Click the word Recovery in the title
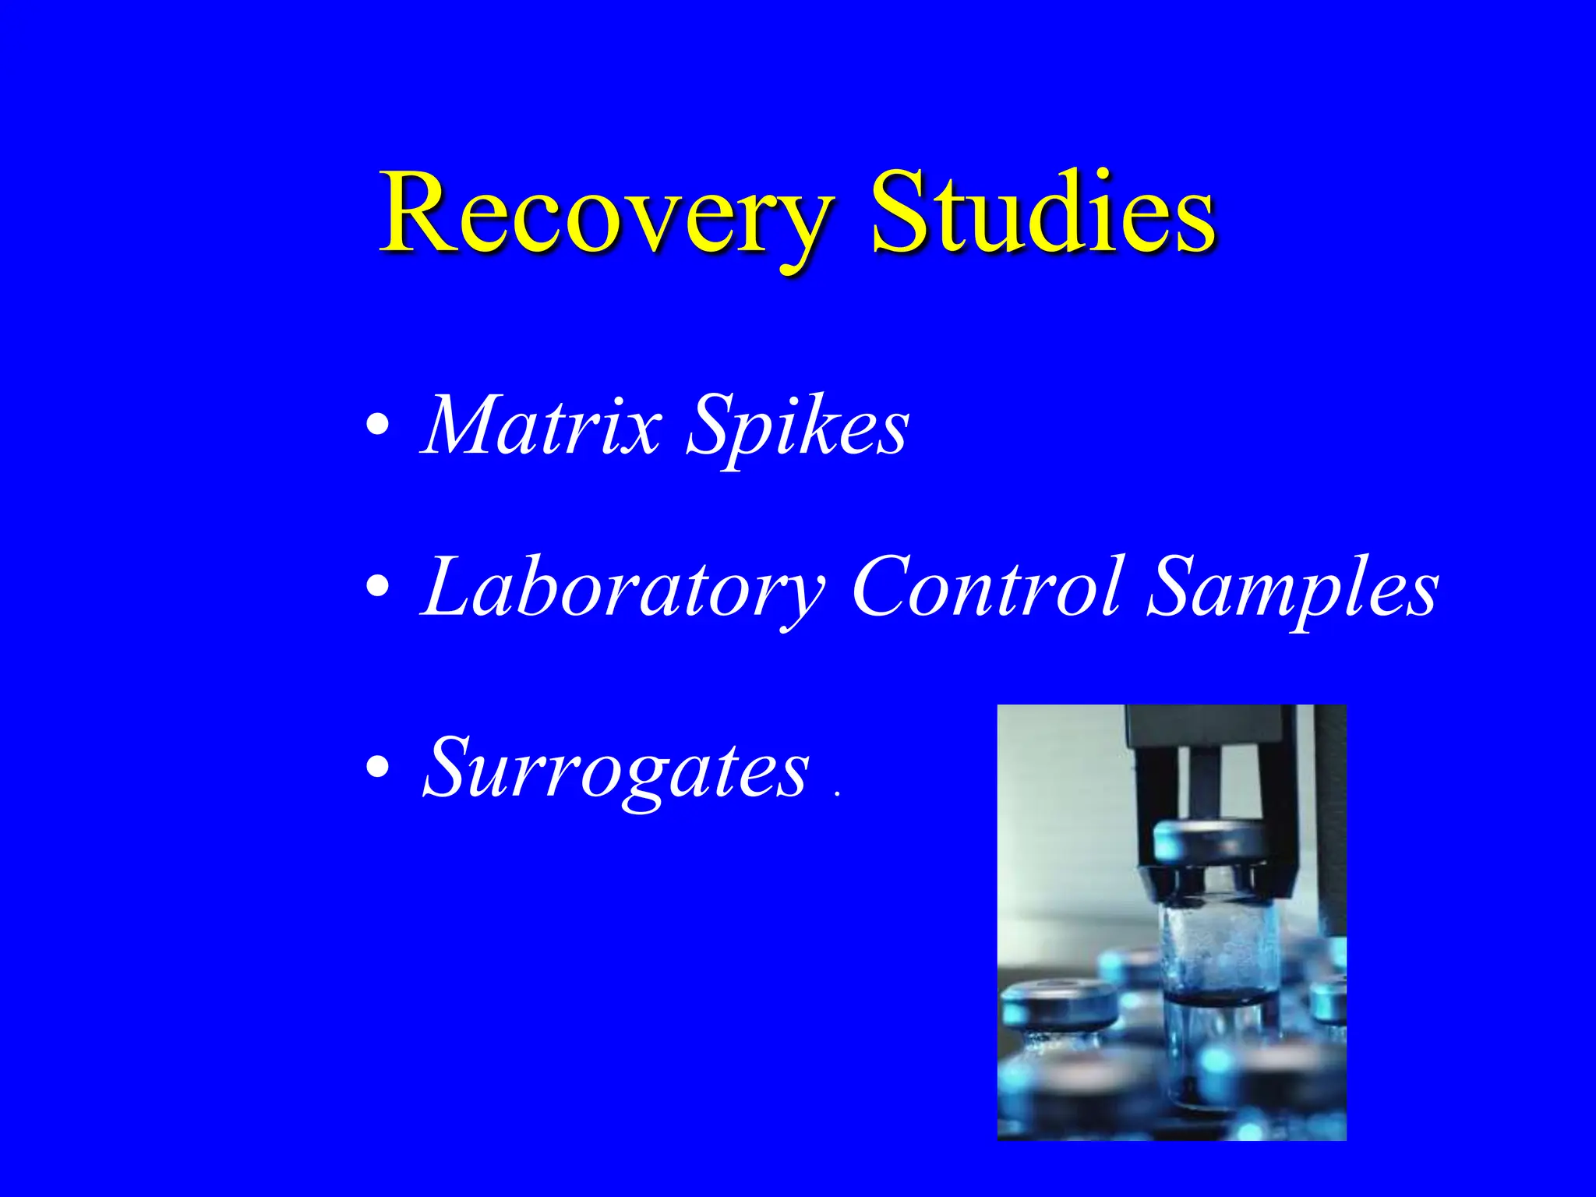point(604,214)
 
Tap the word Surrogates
point(616,769)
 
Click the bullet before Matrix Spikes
point(378,425)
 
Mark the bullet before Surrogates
point(378,768)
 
